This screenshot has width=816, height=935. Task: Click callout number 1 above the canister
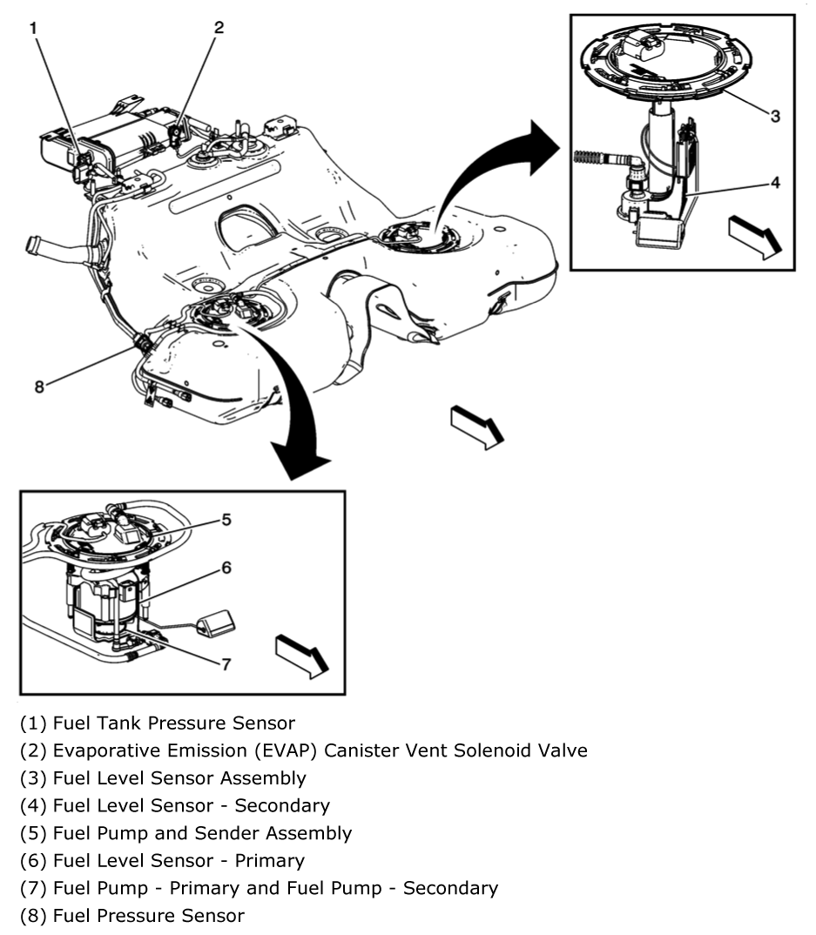33,28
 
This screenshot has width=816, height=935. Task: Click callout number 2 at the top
219,28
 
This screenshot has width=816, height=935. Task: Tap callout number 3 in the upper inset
773,117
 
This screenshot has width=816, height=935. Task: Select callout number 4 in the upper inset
773,184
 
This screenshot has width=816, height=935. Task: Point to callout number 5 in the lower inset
226,520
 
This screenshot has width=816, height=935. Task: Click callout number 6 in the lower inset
226,568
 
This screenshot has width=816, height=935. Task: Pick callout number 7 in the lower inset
226,664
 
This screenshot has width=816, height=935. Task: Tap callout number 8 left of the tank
39,385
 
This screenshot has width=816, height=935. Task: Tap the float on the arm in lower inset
214,625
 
